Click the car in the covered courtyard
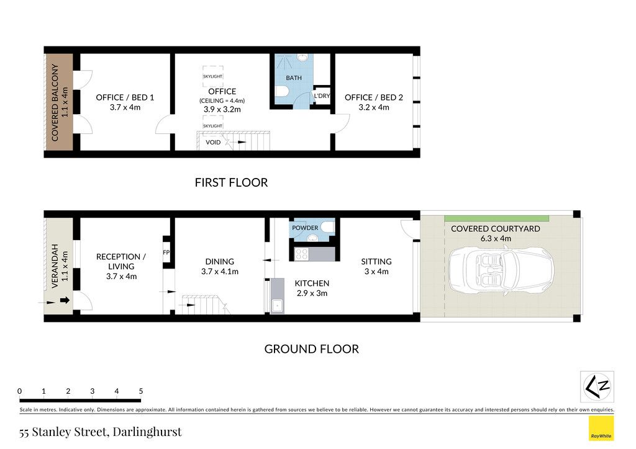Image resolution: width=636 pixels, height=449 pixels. click(501, 270)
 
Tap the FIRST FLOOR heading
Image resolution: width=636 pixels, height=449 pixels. click(231, 182)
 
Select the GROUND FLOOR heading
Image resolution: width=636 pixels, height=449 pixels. click(312, 349)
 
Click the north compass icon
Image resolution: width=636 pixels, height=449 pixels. click(597, 386)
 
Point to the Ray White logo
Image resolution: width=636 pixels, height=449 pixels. click(601, 429)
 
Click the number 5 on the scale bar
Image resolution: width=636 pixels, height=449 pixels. click(141, 391)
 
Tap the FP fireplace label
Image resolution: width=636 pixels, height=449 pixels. click(166, 252)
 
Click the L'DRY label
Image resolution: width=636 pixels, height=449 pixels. click(322, 96)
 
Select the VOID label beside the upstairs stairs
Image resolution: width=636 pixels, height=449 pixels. click(213, 142)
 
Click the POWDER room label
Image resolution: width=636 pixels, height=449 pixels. click(305, 228)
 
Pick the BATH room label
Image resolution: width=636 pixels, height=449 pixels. click(294, 78)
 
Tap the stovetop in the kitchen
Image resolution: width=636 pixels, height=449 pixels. click(301, 254)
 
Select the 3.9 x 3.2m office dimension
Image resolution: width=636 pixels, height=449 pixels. click(222, 109)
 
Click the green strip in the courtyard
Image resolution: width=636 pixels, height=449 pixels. click(496, 219)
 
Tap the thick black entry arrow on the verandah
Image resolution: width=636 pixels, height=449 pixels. click(65, 300)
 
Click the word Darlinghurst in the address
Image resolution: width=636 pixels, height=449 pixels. click(147, 432)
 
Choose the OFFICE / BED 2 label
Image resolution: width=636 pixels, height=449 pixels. click(373, 97)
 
